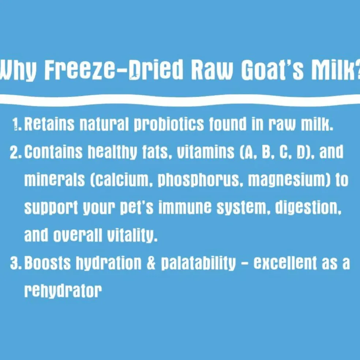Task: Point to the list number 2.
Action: click(16, 152)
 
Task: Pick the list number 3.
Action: click(16, 263)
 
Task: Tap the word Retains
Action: click(49, 124)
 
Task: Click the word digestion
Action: click(308, 208)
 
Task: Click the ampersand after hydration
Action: click(151, 263)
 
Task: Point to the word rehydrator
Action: click(63, 291)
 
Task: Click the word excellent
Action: click(285, 263)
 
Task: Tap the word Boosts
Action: click(48, 263)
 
